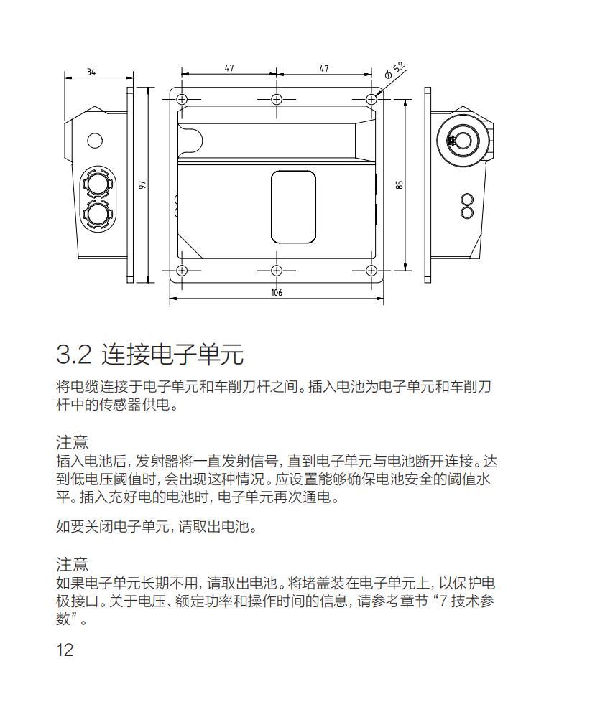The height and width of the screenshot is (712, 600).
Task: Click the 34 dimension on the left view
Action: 91,72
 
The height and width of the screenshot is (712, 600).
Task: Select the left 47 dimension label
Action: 229,68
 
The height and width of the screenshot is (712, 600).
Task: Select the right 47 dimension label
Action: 324,68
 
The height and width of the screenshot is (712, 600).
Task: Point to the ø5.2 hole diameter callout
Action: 394,70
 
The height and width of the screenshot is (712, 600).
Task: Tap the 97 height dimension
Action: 142,184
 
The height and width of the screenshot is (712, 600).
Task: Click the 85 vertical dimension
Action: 400,184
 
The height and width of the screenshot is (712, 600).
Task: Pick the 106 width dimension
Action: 277,293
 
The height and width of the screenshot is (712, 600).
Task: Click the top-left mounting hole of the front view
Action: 182,99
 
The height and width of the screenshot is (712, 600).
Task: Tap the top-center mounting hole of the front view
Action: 277,99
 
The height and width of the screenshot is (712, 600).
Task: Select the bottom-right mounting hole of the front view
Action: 371,270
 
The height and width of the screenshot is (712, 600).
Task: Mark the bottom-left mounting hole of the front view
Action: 182,270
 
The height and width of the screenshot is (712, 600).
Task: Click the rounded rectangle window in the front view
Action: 293,207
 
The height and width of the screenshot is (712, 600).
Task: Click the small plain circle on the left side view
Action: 95,140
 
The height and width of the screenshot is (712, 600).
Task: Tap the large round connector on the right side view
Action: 459,140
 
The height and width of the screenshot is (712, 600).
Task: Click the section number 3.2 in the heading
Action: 74,354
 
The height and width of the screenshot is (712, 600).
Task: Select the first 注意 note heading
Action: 72,441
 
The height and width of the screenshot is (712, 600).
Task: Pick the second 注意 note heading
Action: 72,563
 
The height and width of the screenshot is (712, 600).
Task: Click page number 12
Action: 65,650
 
